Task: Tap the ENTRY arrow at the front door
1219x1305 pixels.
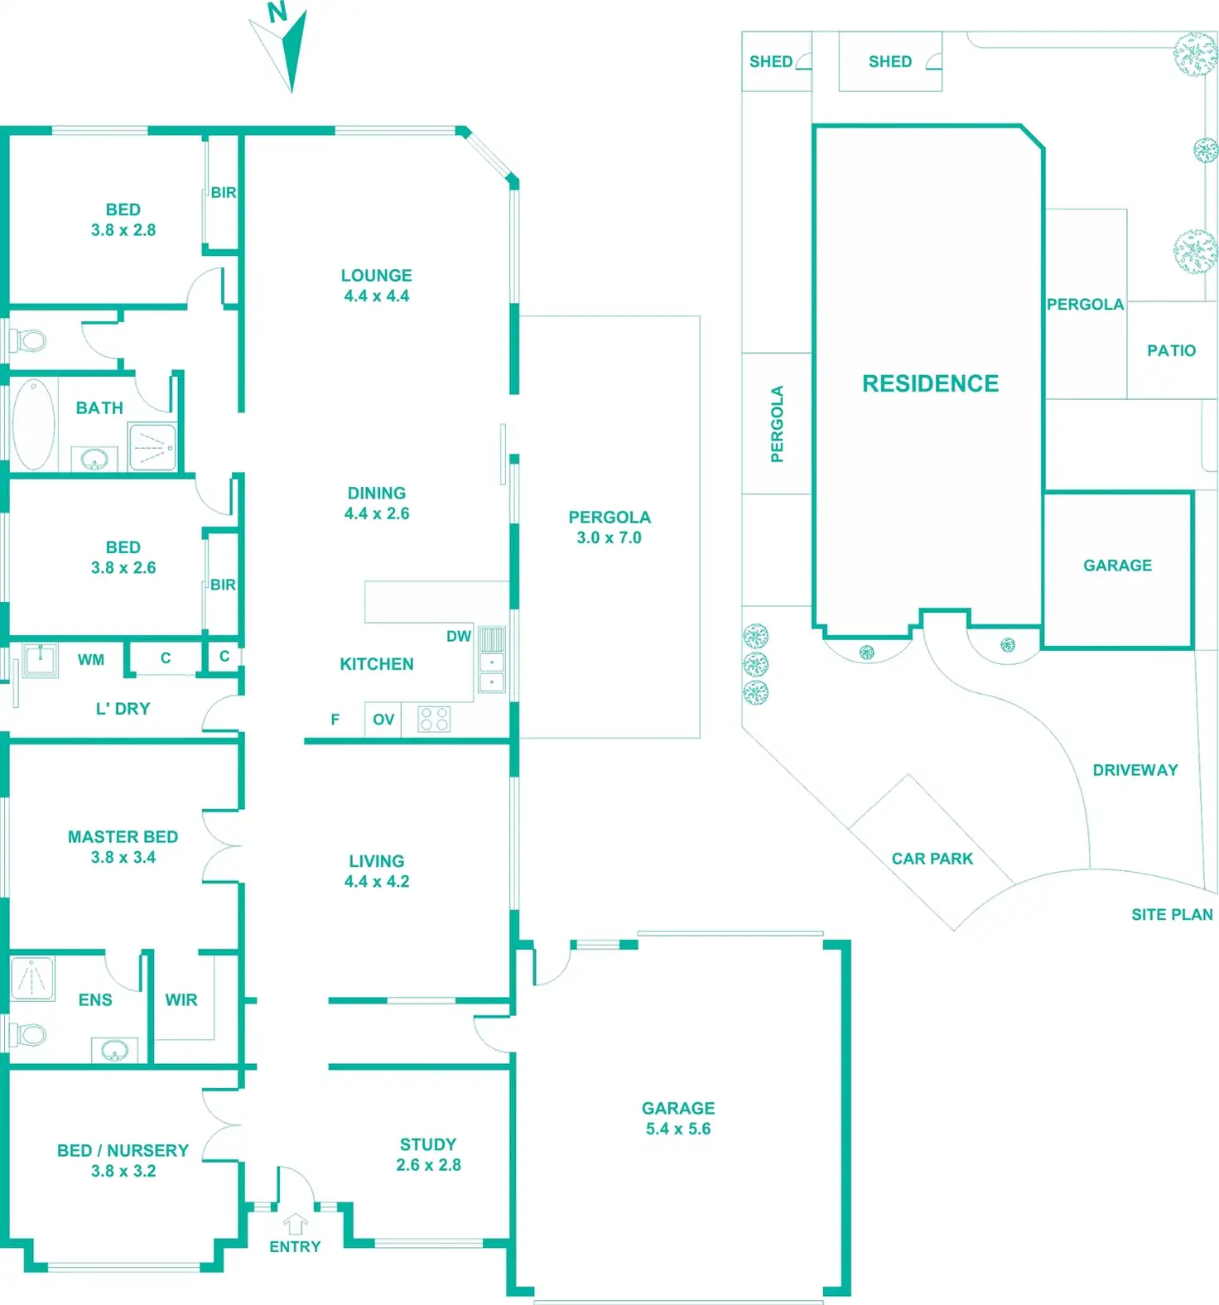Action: point(295,1224)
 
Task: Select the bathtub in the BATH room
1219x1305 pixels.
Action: point(33,424)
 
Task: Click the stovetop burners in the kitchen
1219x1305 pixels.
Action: point(434,719)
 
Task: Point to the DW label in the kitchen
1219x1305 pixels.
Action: point(458,636)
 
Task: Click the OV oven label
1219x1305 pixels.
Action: point(383,720)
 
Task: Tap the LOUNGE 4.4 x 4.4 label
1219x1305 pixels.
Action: point(377,286)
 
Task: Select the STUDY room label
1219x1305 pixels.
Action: point(427,1154)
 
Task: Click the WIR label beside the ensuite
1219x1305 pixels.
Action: point(181,999)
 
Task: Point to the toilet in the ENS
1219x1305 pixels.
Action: point(28,1033)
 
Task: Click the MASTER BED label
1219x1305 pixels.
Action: point(123,847)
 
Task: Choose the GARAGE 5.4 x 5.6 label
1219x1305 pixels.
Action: point(677,1118)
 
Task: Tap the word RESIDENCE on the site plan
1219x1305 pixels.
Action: point(930,383)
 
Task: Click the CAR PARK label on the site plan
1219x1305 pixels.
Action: point(932,859)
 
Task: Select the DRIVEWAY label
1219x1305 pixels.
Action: point(1135,770)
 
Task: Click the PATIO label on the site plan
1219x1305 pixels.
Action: point(1171,350)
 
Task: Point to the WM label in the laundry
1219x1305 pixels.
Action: point(91,660)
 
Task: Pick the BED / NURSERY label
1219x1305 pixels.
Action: point(123,1160)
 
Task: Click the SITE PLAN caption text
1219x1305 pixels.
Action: point(1172,914)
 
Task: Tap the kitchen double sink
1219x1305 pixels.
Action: point(492,672)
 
